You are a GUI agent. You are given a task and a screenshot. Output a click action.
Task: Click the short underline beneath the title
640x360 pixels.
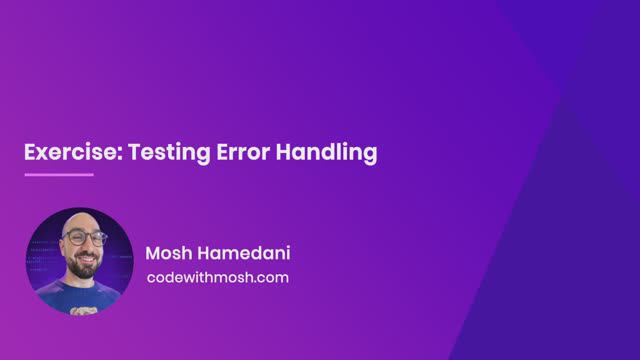[58, 175]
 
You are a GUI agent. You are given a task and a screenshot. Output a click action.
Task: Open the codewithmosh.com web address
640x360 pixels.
[217, 277]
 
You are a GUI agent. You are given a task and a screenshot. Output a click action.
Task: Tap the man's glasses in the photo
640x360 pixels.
[81, 239]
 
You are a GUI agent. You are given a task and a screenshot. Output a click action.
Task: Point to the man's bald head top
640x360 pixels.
[81, 218]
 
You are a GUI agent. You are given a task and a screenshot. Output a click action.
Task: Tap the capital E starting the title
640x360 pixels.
[30, 153]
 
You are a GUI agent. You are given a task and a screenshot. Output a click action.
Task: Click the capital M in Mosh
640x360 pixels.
[153, 252]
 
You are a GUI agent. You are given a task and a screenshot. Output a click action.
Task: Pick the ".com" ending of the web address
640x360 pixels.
[270, 277]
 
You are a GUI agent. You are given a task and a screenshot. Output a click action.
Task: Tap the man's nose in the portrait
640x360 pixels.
[82, 247]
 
